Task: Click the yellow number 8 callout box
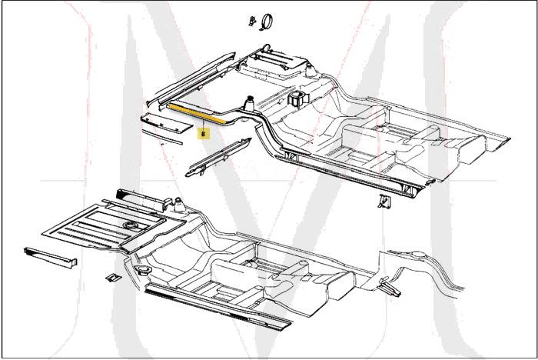tap(203, 132)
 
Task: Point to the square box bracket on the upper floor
tap(297, 100)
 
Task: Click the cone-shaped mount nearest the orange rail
tap(250, 102)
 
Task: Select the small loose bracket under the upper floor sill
tap(384, 202)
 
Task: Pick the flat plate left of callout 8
tap(162, 123)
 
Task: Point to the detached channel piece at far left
tap(51, 258)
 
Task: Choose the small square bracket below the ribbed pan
tap(111, 276)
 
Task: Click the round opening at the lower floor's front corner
tap(144, 270)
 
